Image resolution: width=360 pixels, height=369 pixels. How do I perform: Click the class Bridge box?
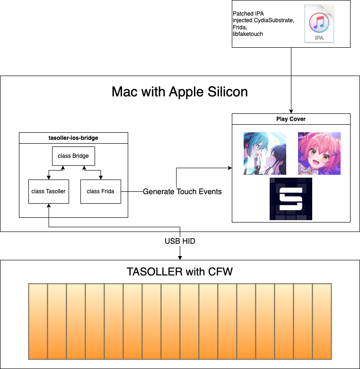(73, 156)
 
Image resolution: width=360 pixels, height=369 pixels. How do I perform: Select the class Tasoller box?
(49, 191)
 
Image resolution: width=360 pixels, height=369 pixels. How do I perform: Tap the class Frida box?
(100, 191)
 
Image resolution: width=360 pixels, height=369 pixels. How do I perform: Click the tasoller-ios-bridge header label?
(73, 138)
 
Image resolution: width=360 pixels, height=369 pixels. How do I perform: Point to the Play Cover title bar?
(291, 119)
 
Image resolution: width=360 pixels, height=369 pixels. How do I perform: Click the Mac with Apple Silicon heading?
(179, 92)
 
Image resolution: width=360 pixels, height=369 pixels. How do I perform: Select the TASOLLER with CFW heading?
(180, 272)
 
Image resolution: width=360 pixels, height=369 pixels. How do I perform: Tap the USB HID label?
(180, 241)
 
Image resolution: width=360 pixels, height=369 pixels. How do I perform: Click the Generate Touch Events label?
(182, 191)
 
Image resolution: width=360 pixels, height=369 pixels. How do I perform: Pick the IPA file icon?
(319, 24)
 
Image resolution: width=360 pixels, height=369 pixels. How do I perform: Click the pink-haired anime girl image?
(319, 154)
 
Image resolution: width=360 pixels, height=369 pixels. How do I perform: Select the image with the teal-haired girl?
(265, 154)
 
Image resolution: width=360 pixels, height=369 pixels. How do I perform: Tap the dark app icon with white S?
(291, 199)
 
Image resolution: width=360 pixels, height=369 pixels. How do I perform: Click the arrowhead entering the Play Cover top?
(291, 111)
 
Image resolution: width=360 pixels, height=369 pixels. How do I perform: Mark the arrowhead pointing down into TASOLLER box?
(180, 257)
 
